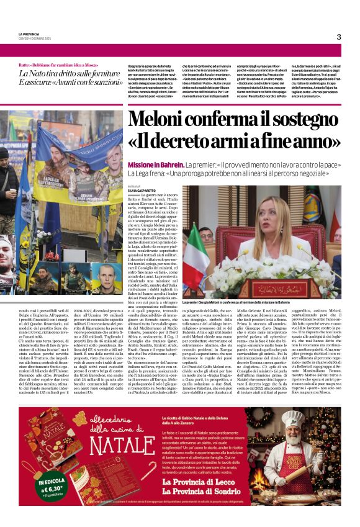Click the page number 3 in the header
pos(339,37)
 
